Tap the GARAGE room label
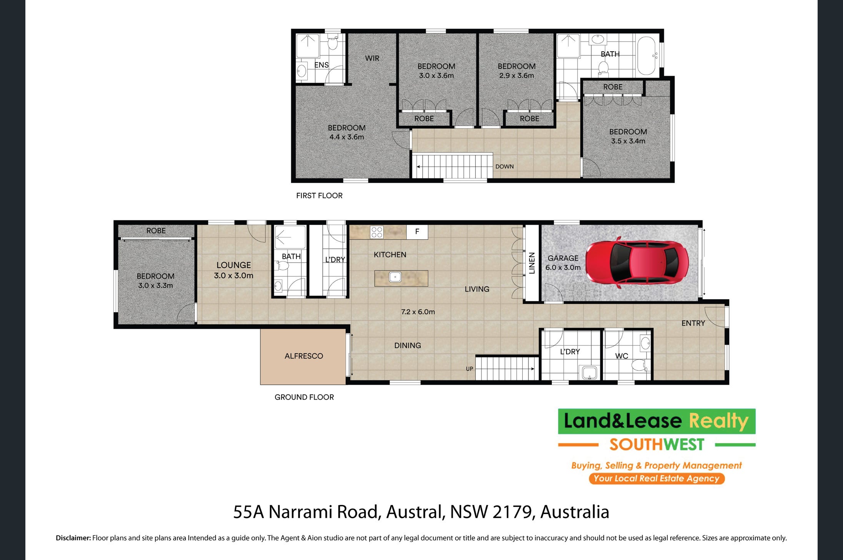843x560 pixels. pos(563,258)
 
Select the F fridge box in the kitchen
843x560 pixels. pos(417,232)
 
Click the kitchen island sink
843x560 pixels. pos(395,277)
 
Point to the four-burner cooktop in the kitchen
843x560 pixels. pos(377,232)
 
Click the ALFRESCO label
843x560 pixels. pos(304,356)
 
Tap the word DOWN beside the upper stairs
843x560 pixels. pos(505,167)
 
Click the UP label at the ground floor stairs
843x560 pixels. pos(470,369)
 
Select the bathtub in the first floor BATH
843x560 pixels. pos(646,56)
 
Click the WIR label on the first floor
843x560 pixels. pos(372,58)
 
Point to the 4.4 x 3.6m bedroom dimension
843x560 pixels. pos(347,137)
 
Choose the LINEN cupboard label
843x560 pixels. pos(532,263)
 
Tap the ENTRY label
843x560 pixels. pos(693,323)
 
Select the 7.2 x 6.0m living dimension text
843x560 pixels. pos(418,312)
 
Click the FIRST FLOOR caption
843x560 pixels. pos(319,195)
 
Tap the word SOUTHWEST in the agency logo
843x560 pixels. pos(657,445)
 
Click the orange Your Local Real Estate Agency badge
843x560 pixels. pos(657,478)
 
